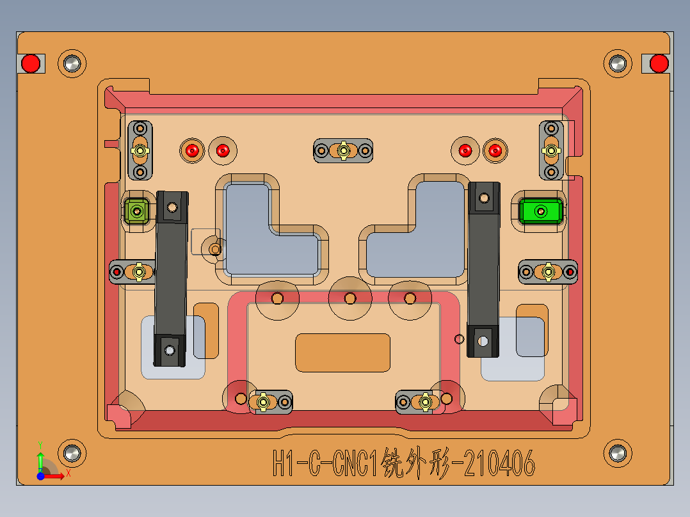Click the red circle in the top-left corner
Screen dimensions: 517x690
pos(30,63)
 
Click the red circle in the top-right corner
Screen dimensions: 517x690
pos(659,63)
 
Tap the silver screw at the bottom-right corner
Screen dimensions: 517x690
pos(617,453)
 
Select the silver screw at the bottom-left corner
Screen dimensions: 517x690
pos(72,452)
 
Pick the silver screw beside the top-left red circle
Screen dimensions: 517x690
pos(72,63)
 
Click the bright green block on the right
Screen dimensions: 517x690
pos(541,211)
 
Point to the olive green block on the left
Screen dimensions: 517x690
pos(136,210)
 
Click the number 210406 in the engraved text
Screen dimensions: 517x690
pos(497,463)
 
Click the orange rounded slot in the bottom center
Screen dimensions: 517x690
pos(342,352)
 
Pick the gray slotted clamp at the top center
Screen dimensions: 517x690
pos(343,151)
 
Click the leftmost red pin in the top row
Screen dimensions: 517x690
pos(191,151)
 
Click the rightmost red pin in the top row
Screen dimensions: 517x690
pos(495,151)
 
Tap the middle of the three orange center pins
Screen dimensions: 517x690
pos(349,298)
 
